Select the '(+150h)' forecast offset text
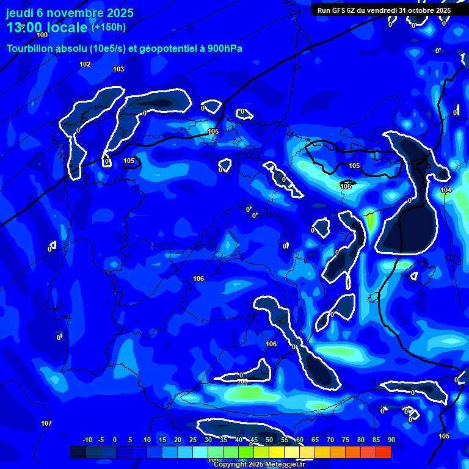[108, 27]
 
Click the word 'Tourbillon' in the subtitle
[31, 48]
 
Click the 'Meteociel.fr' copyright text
[283, 464]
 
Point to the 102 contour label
[85, 64]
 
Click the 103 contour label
[118, 69]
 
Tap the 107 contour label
[46, 423]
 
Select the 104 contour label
[446, 190]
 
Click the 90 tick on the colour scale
[391, 440]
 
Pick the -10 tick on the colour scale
[87, 440]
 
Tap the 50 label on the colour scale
[269, 440]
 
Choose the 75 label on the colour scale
[345, 440]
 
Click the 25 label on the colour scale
[192, 440]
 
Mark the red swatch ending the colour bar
[383, 452]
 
